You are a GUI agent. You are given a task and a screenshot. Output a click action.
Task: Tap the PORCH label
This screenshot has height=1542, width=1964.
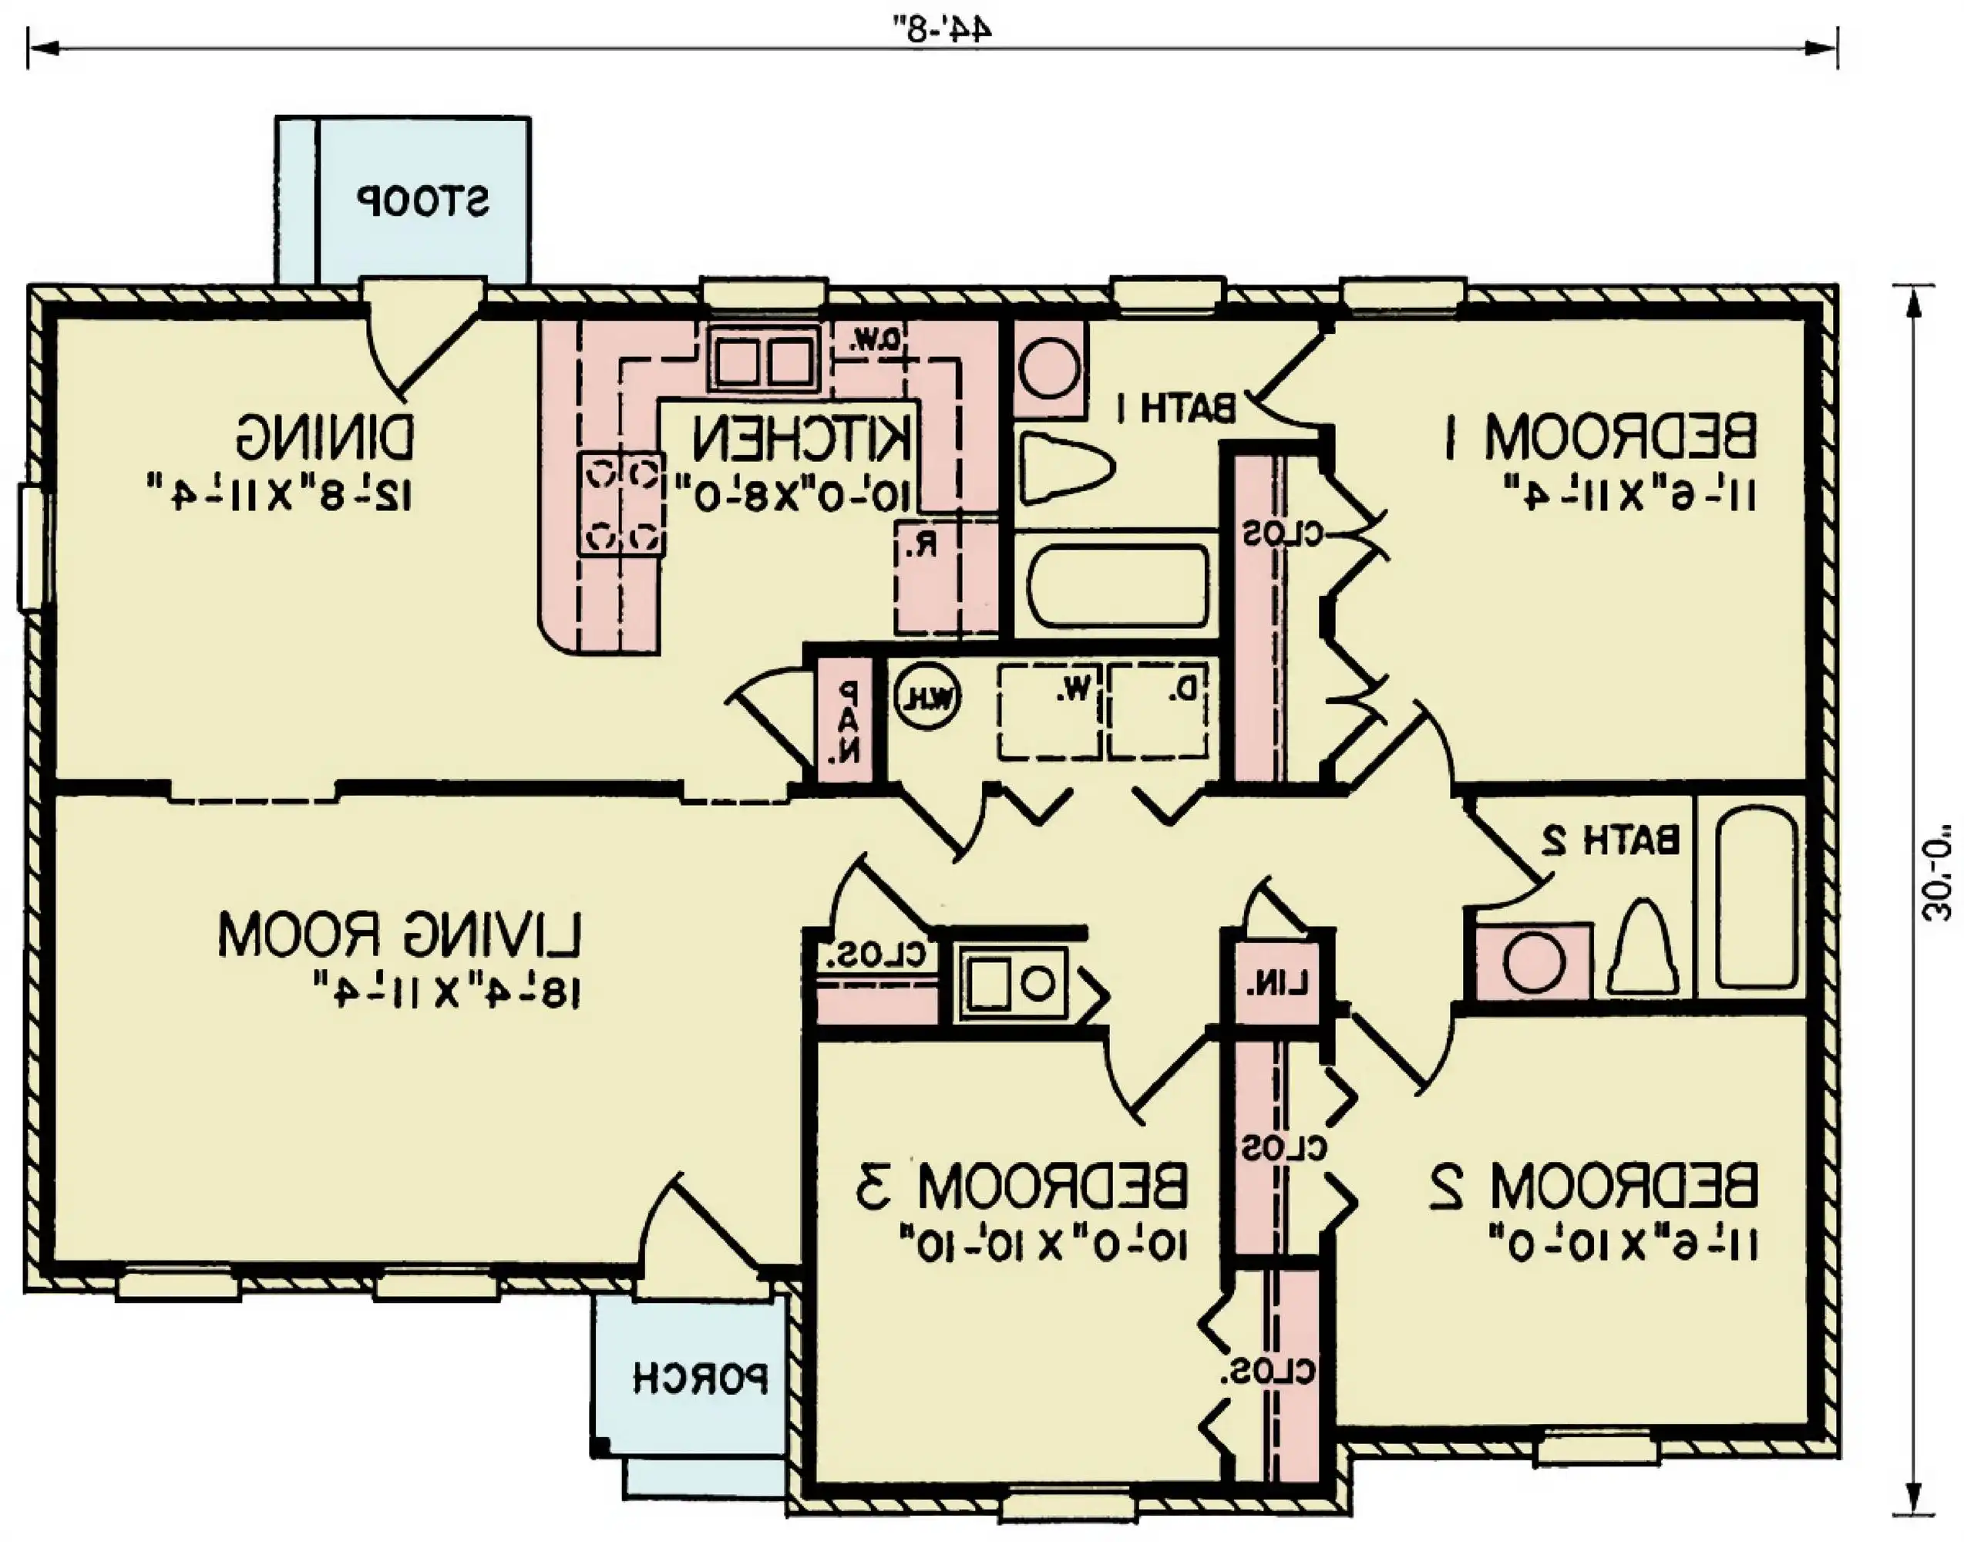coord(701,1379)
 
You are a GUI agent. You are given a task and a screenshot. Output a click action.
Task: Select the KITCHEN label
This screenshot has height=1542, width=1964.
coord(802,440)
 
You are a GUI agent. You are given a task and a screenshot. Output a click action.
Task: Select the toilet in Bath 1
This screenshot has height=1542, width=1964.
coord(1065,469)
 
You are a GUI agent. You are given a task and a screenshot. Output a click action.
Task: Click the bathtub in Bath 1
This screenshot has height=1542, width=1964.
coord(1118,585)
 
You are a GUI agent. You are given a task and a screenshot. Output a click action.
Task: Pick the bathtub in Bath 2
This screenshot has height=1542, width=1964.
coord(1754,897)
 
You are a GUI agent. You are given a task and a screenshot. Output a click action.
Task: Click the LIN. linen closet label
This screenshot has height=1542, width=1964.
coord(1276,986)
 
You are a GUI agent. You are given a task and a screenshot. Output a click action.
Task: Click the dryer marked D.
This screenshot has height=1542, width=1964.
coord(1158,711)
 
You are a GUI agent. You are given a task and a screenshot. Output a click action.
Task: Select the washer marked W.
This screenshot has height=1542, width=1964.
coord(1050,711)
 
